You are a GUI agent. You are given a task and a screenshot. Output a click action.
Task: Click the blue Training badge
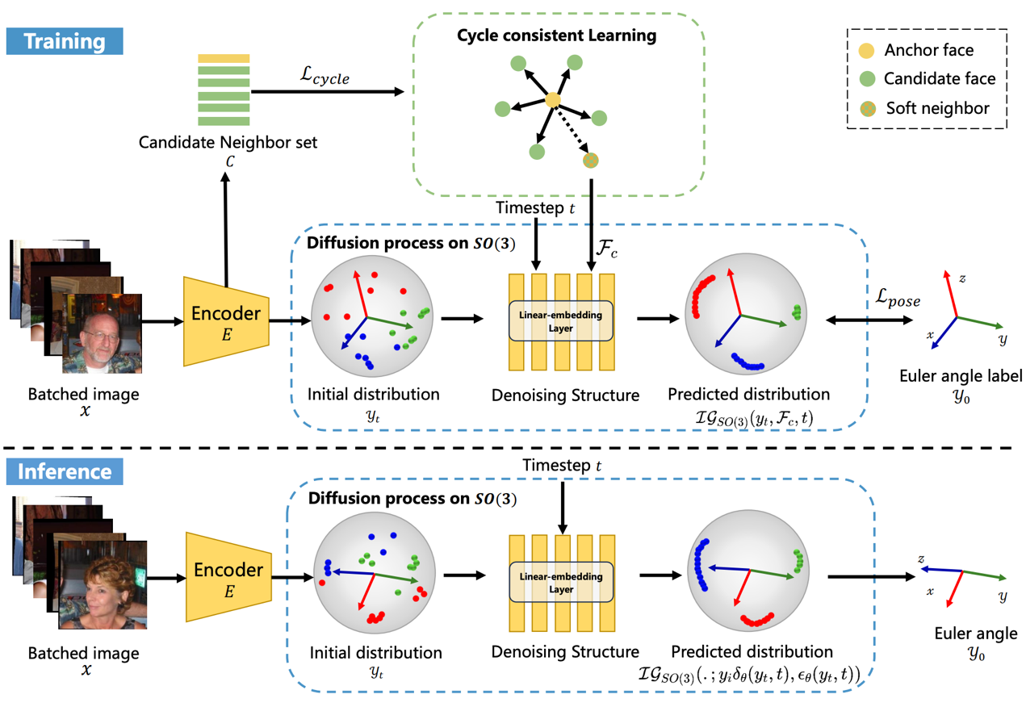click(65, 40)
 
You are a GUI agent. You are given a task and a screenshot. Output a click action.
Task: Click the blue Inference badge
click(65, 471)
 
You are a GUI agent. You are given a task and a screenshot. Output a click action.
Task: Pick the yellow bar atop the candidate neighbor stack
click(224, 58)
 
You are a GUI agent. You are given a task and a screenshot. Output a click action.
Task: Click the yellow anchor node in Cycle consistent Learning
click(552, 101)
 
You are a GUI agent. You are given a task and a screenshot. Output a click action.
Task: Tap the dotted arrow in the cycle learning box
click(573, 132)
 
